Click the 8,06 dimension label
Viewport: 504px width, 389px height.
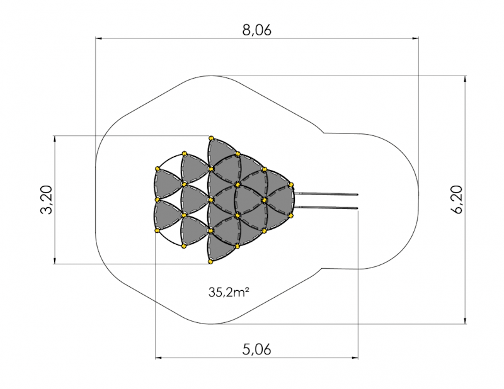coord(256,30)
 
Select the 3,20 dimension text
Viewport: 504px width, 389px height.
coord(46,200)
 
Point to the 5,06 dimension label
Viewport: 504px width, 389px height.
coord(256,349)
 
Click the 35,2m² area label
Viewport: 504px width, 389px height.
coord(229,292)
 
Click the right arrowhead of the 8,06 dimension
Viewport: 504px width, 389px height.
coord(415,38)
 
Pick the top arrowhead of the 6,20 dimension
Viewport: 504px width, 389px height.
coord(466,79)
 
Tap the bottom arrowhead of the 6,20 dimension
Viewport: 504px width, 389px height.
coord(466,320)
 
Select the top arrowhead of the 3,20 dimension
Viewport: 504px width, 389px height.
coord(55,139)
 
